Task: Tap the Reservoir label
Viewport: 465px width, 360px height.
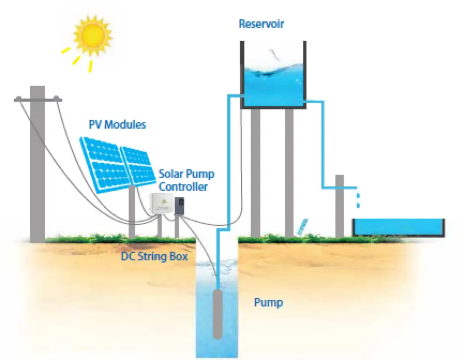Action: tap(261, 24)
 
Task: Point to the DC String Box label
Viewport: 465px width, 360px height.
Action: tap(155, 256)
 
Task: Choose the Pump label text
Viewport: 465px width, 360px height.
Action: tap(268, 302)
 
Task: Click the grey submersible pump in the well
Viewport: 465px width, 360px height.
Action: tap(218, 314)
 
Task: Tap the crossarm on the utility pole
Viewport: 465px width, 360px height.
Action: tap(38, 100)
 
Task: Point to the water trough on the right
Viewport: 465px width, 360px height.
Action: tap(398, 228)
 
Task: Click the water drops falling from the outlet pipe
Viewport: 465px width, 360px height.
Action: tap(358, 200)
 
